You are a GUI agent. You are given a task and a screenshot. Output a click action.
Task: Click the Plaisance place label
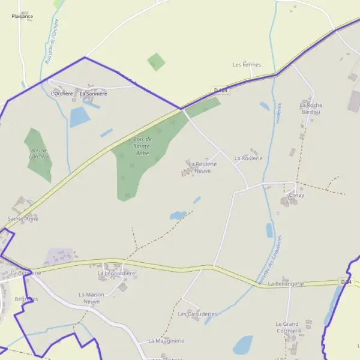22,16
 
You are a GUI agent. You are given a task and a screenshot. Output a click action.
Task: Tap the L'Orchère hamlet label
61,94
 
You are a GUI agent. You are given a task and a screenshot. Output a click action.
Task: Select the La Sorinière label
93,94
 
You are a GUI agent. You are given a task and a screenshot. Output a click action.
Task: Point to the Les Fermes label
247,64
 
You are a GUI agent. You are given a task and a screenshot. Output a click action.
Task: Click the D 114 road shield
221,90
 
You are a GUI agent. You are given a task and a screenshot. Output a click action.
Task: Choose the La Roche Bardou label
310,108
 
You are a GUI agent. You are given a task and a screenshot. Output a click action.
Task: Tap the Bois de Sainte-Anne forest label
142,146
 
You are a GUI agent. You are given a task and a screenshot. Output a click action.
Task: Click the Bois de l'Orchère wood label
39,154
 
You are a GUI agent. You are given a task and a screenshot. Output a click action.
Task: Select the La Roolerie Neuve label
202,167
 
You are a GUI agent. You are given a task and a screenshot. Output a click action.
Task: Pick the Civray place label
296,195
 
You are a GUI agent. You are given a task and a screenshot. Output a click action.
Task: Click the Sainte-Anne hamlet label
23,219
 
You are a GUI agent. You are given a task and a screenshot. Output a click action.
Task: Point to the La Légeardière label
116,273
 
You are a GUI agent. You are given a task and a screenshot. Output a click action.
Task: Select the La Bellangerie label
286,283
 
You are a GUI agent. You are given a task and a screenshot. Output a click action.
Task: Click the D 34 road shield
346,281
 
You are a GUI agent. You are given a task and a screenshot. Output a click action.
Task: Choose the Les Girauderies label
197,314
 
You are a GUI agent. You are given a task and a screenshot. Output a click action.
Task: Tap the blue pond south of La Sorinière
79,117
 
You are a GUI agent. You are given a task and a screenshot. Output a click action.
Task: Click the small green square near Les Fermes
157,61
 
